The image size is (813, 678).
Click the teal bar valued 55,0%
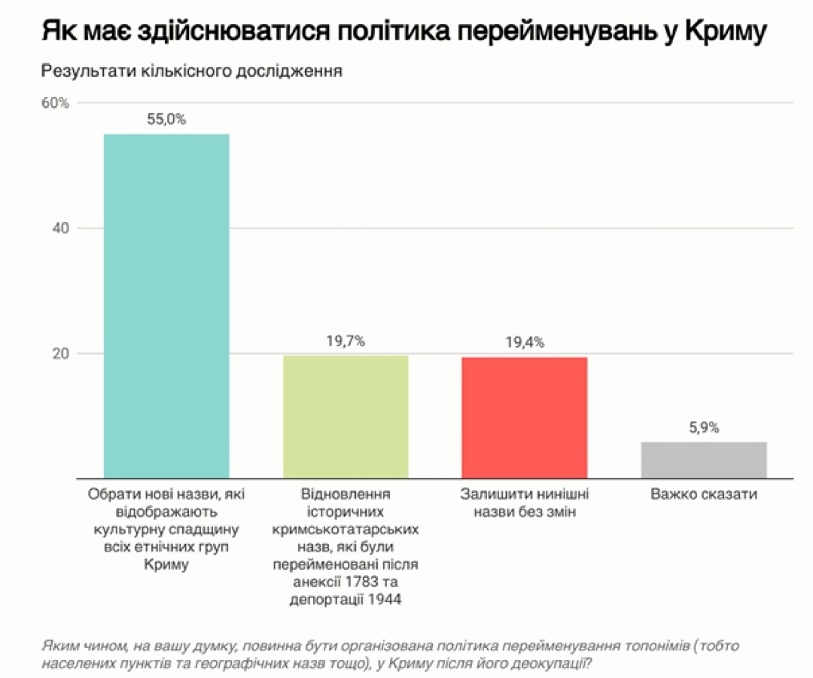pyautogui.click(x=166, y=306)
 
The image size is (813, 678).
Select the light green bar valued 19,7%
pyautogui.click(x=346, y=416)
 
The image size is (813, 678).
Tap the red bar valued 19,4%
pyautogui.click(x=525, y=417)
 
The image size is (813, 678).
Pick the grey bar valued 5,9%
pyautogui.click(x=704, y=459)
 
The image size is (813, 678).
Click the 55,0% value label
pyautogui.click(x=166, y=119)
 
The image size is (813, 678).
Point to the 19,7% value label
pyautogui.click(x=346, y=341)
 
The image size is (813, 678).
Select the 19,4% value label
pyautogui.click(x=525, y=342)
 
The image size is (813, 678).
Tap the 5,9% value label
pyautogui.click(x=704, y=427)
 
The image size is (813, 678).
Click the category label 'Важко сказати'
pyautogui.click(x=704, y=495)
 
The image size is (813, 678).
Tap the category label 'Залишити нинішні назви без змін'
pyautogui.click(x=525, y=504)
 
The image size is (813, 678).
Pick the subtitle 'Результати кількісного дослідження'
pyautogui.click(x=192, y=71)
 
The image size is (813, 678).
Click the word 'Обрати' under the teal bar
pyautogui.click(x=111, y=495)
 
